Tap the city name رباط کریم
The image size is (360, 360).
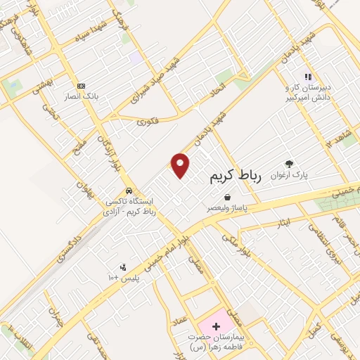tap(235, 176)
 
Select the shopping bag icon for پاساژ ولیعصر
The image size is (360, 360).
tap(226, 198)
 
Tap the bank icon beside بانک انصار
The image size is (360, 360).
tap(82, 85)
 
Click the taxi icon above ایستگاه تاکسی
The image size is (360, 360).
tap(128, 191)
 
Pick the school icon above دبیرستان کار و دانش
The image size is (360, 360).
tap(307, 77)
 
